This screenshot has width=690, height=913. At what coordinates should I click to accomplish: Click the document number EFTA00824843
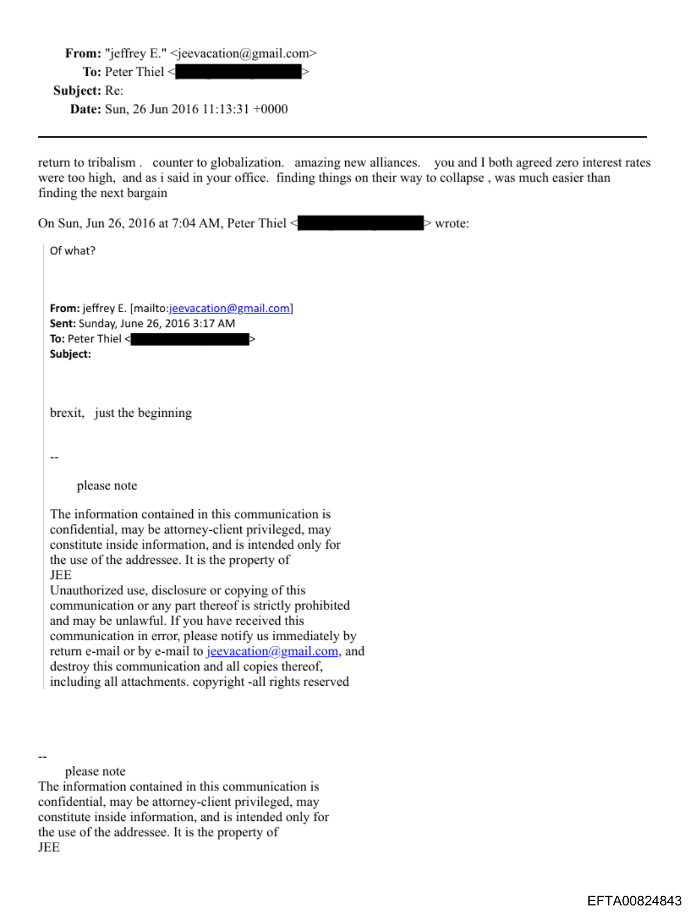pyautogui.click(x=634, y=901)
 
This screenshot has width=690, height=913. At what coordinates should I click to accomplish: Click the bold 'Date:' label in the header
pyautogui.click(x=86, y=109)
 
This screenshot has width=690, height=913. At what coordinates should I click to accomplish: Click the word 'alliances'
pyautogui.click(x=395, y=163)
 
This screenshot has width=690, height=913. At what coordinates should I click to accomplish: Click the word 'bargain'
pyautogui.click(x=147, y=193)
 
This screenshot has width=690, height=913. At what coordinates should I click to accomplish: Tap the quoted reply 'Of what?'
pyautogui.click(x=73, y=251)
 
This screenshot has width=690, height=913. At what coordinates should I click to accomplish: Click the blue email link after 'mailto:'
pyautogui.click(x=229, y=308)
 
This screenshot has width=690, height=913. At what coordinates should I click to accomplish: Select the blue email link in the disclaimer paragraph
pyautogui.click(x=272, y=652)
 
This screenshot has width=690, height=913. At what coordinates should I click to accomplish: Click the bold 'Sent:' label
pyautogui.click(x=63, y=324)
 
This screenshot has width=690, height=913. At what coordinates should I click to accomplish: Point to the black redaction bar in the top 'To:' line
pyautogui.click(x=238, y=72)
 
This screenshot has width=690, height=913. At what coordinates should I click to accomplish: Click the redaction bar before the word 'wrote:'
pyautogui.click(x=360, y=224)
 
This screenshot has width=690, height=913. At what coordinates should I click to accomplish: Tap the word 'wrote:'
pyautogui.click(x=452, y=224)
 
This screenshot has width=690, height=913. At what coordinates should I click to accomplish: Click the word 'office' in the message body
pyautogui.click(x=249, y=178)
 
